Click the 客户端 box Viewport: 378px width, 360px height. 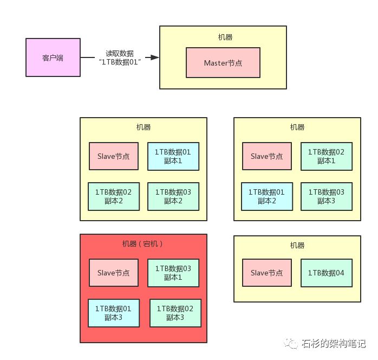click(53, 57)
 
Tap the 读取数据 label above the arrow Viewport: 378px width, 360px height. click(120, 53)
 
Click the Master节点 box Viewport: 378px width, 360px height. click(223, 63)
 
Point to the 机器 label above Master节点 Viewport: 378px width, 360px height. click(223, 37)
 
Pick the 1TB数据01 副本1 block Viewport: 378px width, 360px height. click(173, 156)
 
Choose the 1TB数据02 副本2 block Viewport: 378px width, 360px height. click(113, 196)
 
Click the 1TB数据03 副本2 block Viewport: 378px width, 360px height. click(173, 196)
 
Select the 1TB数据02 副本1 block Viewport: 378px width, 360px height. click(327, 156)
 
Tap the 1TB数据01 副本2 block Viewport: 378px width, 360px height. click(266, 196)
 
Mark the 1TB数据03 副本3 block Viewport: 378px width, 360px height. click(327, 196)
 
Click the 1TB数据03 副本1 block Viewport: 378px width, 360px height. click(173, 273)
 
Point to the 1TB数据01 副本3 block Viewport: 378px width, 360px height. click(113, 313)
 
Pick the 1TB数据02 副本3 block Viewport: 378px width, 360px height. click(175, 313)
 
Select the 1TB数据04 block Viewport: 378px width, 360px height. click(327, 273)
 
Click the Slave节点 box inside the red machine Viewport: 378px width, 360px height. click(113, 273)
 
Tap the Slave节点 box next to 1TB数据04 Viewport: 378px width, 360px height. click(266, 273)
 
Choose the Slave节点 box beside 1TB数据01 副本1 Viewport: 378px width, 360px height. click(113, 156)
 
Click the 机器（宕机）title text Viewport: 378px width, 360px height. click(143, 244)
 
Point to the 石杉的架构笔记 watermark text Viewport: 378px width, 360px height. click(334, 343)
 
